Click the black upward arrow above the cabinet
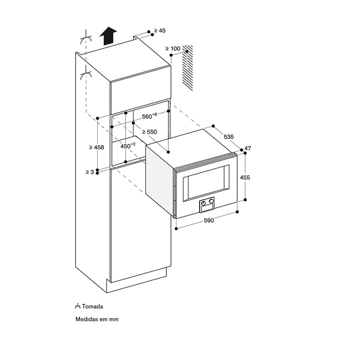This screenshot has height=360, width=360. point(108,36)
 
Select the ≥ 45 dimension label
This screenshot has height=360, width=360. point(160,31)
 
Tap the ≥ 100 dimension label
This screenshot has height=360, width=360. point(173,49)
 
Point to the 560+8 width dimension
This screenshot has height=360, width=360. point(149,116)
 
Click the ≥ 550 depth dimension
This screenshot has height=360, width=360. point(149,132)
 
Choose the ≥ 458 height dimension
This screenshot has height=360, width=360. point(97,148)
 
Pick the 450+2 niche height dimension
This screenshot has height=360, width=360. point(128,145)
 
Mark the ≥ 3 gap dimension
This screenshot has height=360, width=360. point(90,172)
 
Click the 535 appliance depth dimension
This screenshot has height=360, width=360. point(229,137)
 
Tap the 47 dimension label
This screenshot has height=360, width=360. point(248,148)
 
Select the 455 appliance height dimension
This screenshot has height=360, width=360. point(245,177)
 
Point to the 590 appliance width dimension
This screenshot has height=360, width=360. point(209,220)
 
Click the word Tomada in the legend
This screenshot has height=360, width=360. point(93,306)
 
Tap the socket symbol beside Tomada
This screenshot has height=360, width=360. point(77,306)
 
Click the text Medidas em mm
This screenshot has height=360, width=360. point(97,319)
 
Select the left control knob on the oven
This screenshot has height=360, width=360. point(203,203)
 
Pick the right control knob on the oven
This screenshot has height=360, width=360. point(211,201)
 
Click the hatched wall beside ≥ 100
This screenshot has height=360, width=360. point(188,68)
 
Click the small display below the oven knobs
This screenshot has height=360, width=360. point(207,208)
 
